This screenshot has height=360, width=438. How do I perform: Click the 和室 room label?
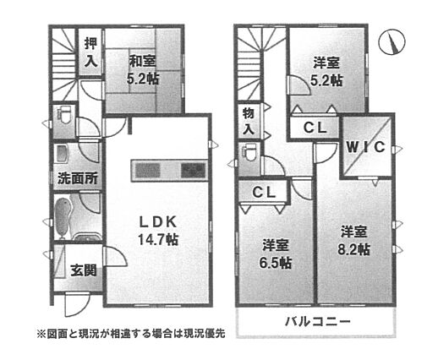tap(142, 61)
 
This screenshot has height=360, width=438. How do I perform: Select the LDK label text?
tap(158, 222)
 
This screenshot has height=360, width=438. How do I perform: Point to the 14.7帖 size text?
tap(158, 239)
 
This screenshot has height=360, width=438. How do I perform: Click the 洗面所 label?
tap(78, 178)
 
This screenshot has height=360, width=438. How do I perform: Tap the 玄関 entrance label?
tap(84, 270)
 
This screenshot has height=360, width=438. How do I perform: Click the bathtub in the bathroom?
tap(62, 217)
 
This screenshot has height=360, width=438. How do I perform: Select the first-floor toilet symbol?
tap(64, 116)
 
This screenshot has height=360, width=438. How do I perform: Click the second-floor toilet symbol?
tap(249, 153)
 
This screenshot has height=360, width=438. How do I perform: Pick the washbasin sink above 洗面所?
tap(63, 154)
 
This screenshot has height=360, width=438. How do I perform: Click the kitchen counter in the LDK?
tap(169, 171)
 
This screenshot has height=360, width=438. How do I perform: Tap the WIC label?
tap(365, 147)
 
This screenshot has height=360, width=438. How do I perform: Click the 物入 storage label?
tap(249, 122)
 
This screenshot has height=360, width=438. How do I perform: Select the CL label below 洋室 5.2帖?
tap(315, 128)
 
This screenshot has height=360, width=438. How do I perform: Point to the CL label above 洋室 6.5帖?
tap(264, 193)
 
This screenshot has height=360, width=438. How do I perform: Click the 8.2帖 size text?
tap(353, 249)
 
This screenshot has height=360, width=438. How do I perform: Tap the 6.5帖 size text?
tap(275, 263)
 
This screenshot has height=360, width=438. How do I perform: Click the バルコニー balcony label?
tap(318, 321)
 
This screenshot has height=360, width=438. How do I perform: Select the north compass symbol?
tap(391, 42)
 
